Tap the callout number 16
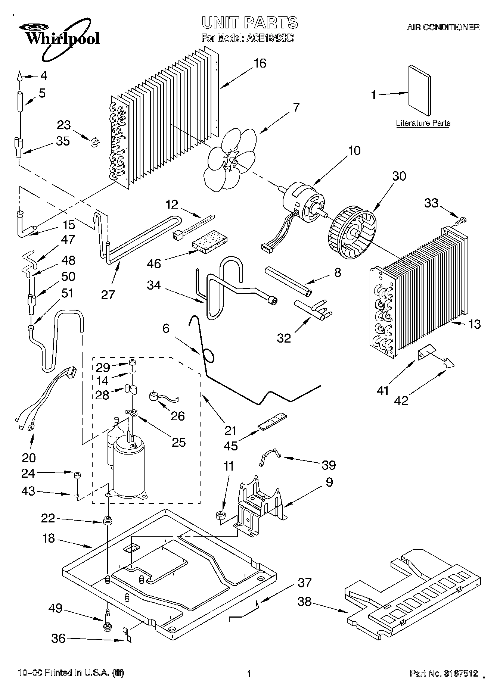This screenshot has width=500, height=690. pyautogui.click(x=260, y=63)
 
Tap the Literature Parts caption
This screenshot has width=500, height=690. pyautogui.click(x=423, y=123)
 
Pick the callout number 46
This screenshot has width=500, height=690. pyautogui.click(x=153, y=263)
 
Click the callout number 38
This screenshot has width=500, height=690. pyautogui.click(x=305, y=602)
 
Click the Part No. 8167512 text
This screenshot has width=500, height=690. pyautogui.click(x=444, y=673)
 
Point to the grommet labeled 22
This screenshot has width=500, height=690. pyautogui.click(x=108, y=520)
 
